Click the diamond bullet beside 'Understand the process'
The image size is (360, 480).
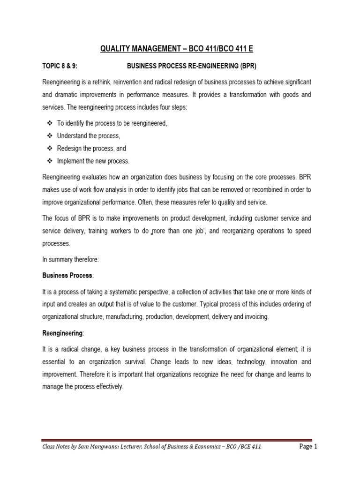click(x=50, y=136)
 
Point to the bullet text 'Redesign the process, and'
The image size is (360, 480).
click(x=91, y=149)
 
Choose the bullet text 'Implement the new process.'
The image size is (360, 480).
click(x=93, y=161)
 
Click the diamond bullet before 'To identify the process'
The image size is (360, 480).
click(x=50, y=123)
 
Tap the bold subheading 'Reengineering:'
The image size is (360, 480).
click(x=63, y=333)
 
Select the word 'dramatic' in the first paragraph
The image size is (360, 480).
click(x=69, y=95)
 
